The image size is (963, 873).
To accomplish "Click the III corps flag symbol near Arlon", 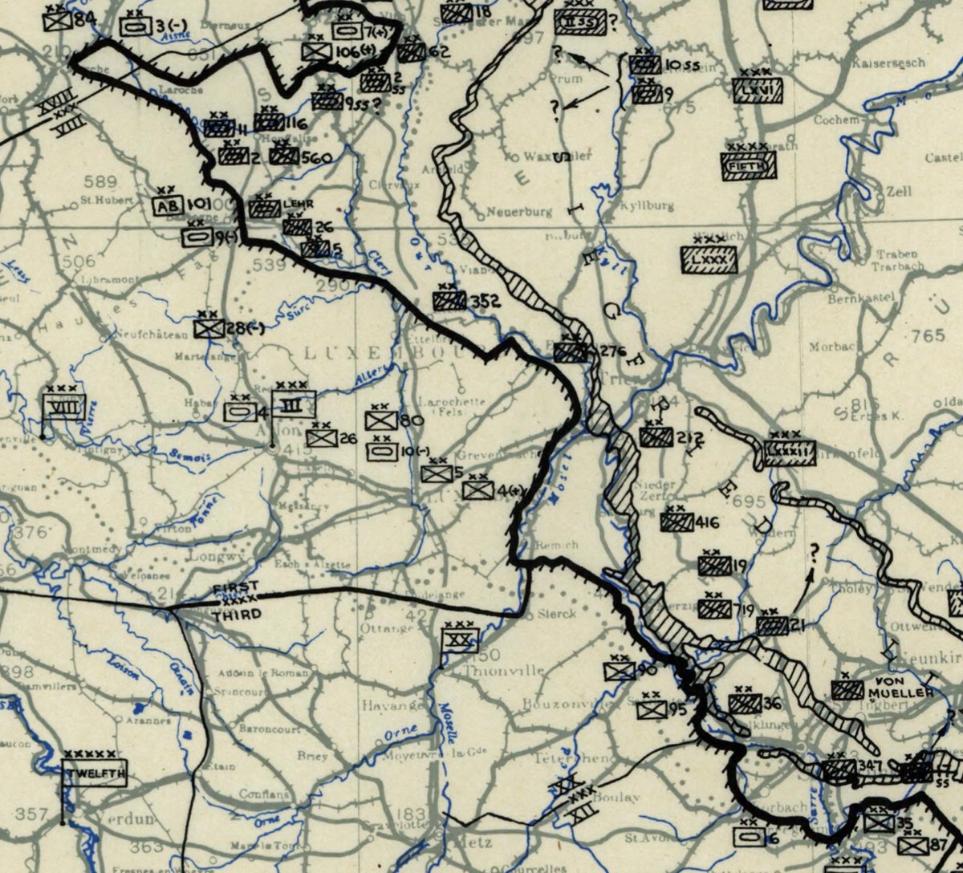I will (x=294, y=404).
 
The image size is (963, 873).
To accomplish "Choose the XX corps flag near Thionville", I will (x=459, y=640).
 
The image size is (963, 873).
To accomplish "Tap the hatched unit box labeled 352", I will (x=449, y=301).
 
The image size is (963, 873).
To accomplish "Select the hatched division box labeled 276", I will (x=571, y=351).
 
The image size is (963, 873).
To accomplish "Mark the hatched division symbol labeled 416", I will (x=677, y=522).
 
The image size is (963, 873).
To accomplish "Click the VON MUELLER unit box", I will (x=847, y=690).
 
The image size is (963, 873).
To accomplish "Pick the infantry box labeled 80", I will (x=381, y=420).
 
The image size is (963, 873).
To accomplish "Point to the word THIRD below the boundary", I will (x=238, y=614).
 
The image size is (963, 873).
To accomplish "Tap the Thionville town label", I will (x=492, y=670).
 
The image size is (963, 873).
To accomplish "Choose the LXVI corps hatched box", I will (x=757, y=90).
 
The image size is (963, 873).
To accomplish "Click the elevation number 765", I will (x=928, y=335).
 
